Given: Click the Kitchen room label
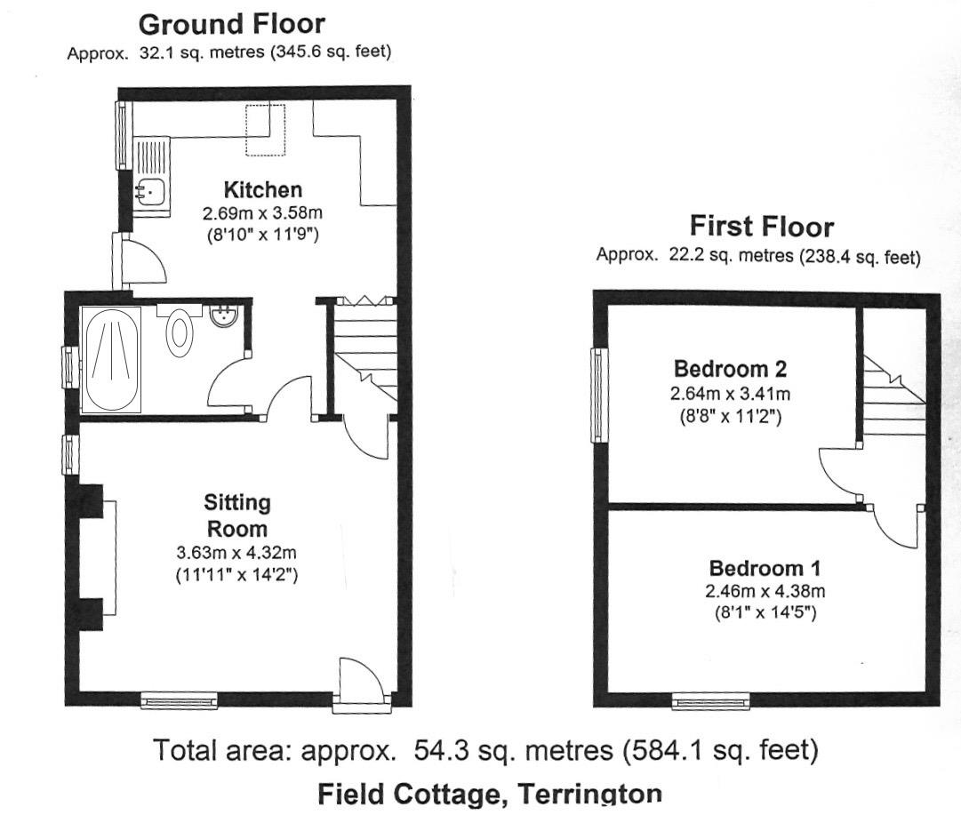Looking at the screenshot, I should click(262, 189).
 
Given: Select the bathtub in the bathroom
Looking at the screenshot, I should click(111, 359).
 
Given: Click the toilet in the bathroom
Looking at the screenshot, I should click(180, 332).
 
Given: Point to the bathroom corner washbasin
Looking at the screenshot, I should click(225, 316).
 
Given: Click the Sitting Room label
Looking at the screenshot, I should click(236, 515).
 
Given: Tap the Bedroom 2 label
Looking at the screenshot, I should click(731, 368).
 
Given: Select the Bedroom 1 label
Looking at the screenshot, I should click(765, 568).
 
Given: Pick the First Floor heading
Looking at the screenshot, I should click(762, 227).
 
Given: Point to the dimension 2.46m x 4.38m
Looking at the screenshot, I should click(765, 591).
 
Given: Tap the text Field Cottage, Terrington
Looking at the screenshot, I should click(489, 794).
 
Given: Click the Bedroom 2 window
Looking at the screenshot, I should click(600, 395).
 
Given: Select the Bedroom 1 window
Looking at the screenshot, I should click(710, 702).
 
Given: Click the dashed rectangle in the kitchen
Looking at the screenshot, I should click(265, 130).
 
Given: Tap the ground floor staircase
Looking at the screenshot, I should click(364, 347).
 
